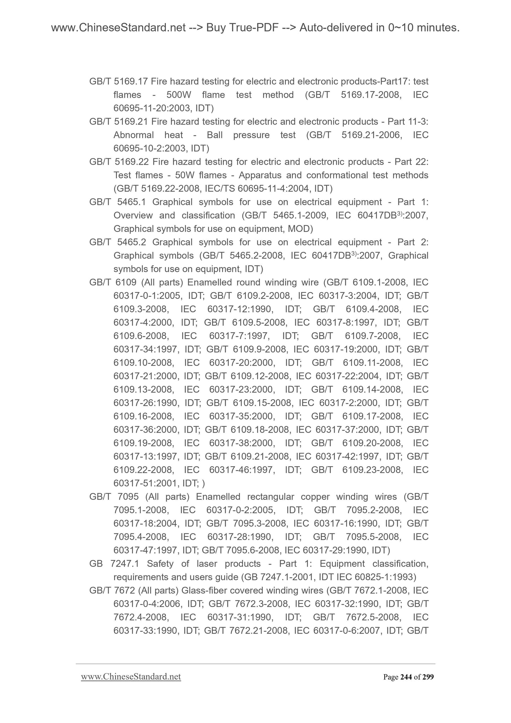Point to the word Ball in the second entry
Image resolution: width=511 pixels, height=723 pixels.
(215, 135)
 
